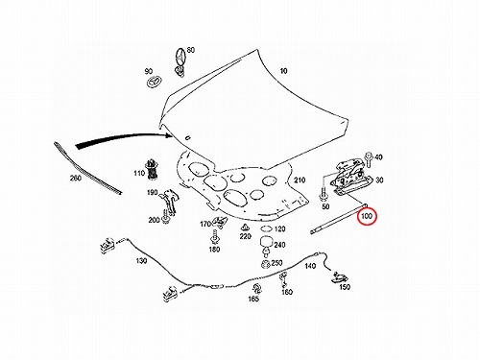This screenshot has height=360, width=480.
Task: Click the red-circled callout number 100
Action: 367,217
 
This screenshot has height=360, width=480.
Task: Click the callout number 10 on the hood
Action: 284,71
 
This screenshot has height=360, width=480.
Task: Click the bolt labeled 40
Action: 369,158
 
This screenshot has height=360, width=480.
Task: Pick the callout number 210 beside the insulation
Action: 300,180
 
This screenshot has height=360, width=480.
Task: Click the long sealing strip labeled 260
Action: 87,169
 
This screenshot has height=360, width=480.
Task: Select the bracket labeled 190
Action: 168,201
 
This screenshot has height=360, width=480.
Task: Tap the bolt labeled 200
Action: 165,217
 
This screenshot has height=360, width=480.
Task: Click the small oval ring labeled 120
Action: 266,228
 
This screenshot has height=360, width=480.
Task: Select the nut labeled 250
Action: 265,264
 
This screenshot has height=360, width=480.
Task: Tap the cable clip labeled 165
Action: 256,288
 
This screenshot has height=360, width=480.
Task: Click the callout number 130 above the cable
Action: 141,261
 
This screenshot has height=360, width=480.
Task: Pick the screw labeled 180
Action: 214,238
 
